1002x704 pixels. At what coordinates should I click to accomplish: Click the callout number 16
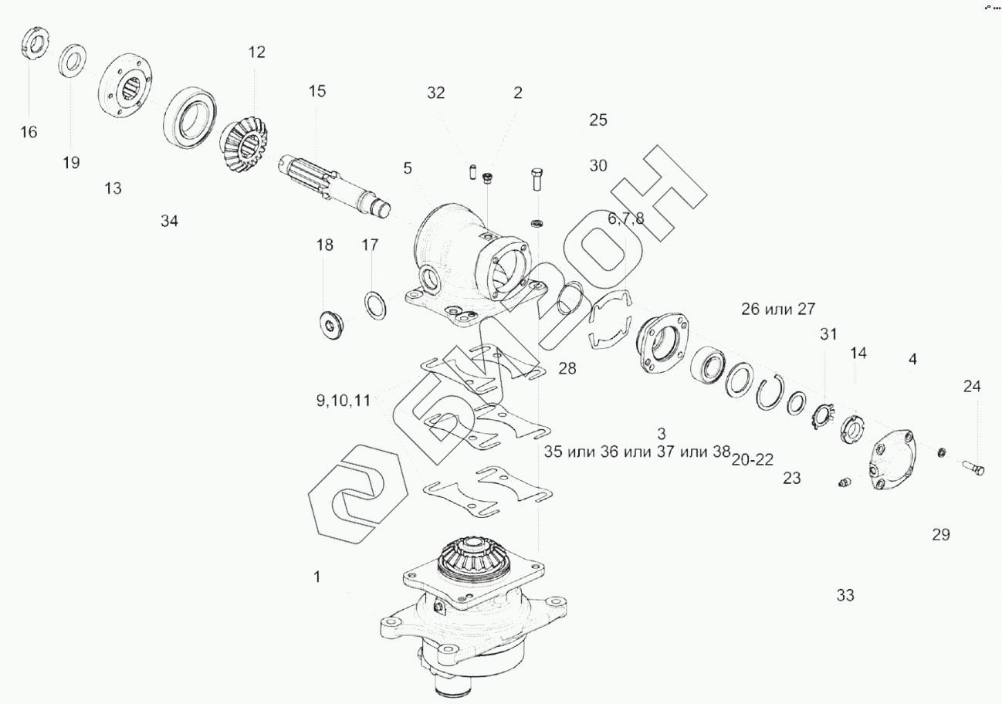pyautogui.click(x=29, y=132)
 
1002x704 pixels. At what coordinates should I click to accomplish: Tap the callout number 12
pyautogui.click(x=257, y=52)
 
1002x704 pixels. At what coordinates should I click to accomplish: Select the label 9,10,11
pyautogui.click(x=344, y=401)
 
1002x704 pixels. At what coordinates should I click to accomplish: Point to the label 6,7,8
pyautogui.click(x=626, y=218)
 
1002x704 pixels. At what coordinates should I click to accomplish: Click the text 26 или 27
pyautogui.click(x=778, y=309)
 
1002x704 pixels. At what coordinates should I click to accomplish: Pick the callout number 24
pyautogui.click(x=972, y=386)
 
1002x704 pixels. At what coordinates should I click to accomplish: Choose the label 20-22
pyautogui.click(x=753, y=460)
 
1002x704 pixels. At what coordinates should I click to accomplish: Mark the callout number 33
pyautogui.click(x=845, y=595)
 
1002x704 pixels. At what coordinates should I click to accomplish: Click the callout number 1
pyautogui.click(x=317, y=577)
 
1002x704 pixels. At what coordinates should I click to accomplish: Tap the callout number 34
pyautogui.click(x=170, y=221)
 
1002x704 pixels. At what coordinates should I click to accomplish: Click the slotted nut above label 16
pyautogui.click(x=36, y=42)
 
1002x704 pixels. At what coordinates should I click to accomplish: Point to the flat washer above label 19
pyautogui.click(x=72, y=60)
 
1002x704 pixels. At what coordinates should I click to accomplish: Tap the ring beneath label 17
pyautogui.click(x=376, y=306)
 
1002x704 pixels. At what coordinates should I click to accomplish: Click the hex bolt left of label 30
pyautogui.click(x=537, y=180)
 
